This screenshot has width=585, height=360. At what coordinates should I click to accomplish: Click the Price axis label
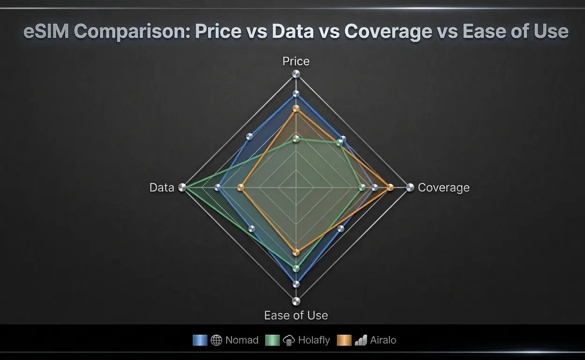pyautogui.click(x=296, y=61)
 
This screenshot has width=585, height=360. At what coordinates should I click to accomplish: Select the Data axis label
pyautogui.click(x=162, y=187)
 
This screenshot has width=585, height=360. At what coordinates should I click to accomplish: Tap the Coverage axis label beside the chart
pyautogui.click(x=443, y=187)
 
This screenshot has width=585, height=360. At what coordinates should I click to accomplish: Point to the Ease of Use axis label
pyautogui.click(x=296, y=315)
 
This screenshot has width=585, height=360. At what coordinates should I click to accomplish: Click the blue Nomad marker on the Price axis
pyautogui.click(x=296, y=94)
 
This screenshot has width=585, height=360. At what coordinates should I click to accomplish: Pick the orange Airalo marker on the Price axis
pyautogui.click(x=296, y=109)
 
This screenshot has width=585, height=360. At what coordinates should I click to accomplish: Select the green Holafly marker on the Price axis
pyautogui.click(x=296, y=139)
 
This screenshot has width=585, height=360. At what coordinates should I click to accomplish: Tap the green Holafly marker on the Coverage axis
pyautogui.click(x=362, y=187)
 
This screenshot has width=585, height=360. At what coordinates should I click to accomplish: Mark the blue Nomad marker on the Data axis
pyautogui.click(x=217, y=187)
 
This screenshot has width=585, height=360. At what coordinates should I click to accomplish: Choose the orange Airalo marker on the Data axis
pyautogui.click(x=241, y=187)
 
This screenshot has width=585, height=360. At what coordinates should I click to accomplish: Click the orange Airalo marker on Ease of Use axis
pyautogui.click(x=296, y=252)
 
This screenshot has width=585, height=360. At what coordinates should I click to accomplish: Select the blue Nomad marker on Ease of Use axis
pyautogui.click(x=296, y=284)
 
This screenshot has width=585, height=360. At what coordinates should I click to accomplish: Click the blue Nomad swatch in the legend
pyautogui.click(x=200, y=340)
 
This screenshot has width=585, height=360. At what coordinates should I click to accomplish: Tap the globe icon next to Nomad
pyautogui.click(x=216, y=340)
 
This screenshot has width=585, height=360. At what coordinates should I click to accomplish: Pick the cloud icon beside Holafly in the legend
pyautogui.click(x=289, y=340)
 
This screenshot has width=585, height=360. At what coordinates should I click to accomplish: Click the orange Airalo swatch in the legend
pyautogui.click(x=344, y=340)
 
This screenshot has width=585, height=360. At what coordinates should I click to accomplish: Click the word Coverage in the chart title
pyautogui.click(x=388, y=32)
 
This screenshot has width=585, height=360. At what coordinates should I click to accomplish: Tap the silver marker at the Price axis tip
pyautogui.click(x=296, y=74)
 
